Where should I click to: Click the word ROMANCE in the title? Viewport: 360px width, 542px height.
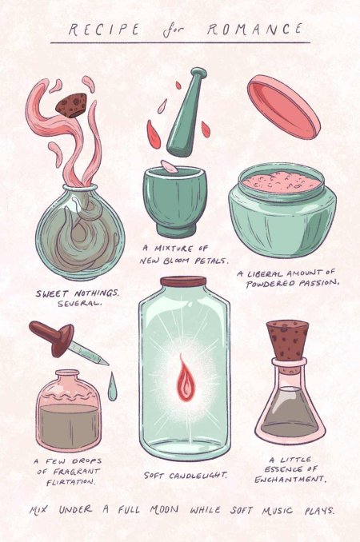(x=257, y=30)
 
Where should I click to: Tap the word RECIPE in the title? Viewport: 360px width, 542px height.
(x=102, y=30)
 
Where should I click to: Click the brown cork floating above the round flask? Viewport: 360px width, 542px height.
(x=68, y=105)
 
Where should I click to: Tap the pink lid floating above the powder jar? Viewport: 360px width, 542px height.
(x=283, y=106)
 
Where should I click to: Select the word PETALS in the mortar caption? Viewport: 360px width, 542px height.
(x=209, y=261)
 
